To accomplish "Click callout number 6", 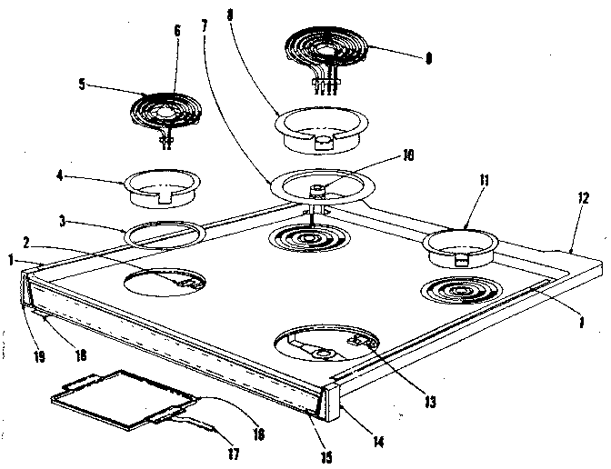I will coord(176,31).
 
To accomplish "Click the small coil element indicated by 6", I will coord(164,111).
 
